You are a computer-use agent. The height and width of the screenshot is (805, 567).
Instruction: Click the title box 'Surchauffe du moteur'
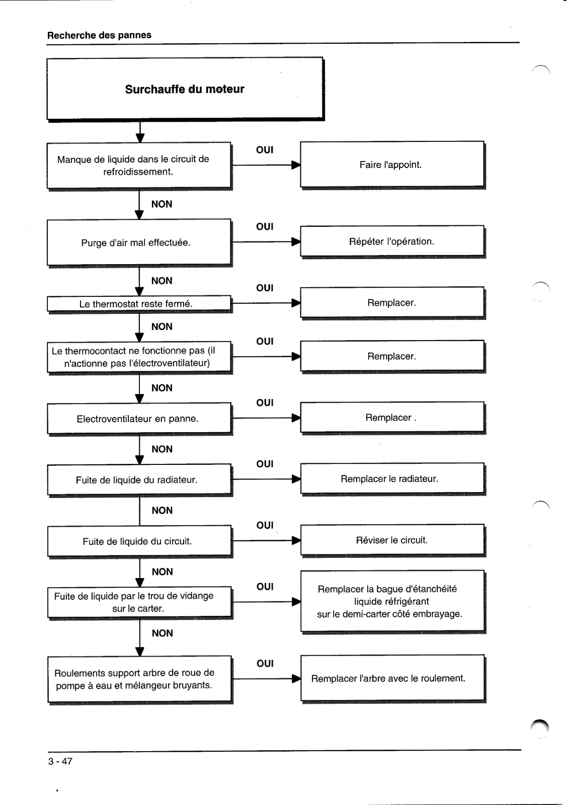[x=185, y=89]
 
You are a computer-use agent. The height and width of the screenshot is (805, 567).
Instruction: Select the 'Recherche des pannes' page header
[x=99, y=35]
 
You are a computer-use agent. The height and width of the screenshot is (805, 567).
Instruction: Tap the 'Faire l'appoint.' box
[x=392, y=165]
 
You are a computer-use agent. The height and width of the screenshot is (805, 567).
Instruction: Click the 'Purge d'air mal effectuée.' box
[x=139, y=243]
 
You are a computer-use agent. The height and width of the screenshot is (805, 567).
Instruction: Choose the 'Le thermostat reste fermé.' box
[x=139, y=304]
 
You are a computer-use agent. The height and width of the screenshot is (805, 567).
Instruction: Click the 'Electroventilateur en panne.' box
[x=139, y=419]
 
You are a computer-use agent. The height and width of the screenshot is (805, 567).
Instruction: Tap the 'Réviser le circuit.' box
[x=393, y=540]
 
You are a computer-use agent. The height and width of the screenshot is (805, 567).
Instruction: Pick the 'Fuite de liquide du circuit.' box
[x=139, y=541]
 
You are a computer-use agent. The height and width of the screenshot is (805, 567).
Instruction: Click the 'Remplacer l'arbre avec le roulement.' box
[x=393, y=678]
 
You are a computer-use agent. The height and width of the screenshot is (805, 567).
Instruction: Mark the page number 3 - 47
[x=60, y=761]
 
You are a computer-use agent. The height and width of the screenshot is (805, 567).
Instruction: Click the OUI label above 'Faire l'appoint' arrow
[x=265, y=150]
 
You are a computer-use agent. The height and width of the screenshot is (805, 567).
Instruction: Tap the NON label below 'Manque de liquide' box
[x=161, y=204]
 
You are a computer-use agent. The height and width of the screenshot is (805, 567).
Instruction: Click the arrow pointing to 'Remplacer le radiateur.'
[x=266, y=479]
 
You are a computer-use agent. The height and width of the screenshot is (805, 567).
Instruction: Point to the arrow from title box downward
[x=140, y=132]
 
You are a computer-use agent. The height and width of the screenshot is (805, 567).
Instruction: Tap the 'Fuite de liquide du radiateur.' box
[x=139, y=480]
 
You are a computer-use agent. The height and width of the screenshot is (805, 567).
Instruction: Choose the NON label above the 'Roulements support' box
[x=162, y=633]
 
